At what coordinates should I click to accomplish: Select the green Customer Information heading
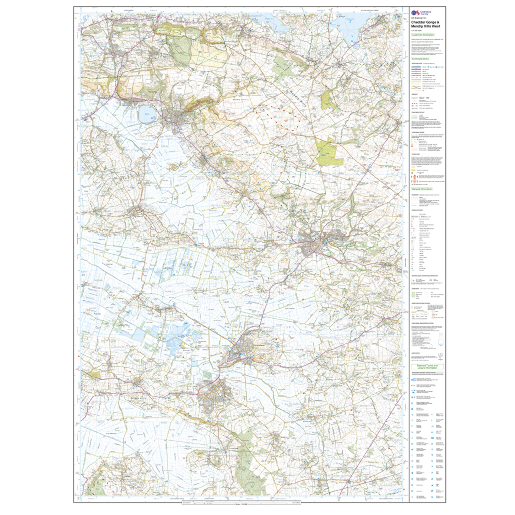(x=423, y=35)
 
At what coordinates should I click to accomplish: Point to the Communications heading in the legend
(x=420, y=59)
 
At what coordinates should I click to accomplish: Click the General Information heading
(x=422, y=189)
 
